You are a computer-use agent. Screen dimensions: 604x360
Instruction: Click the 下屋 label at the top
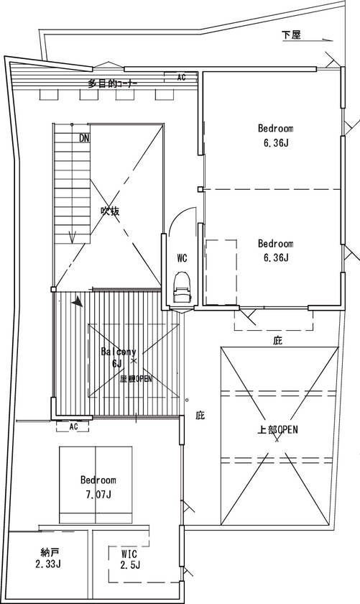point(291,35)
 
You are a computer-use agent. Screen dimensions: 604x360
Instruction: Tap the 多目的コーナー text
point(113,83)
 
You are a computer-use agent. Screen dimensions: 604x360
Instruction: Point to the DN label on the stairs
point(85,137)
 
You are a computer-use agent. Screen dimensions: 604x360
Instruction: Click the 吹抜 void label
point(110,211)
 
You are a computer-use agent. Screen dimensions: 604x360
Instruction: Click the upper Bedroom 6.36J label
point(275,134)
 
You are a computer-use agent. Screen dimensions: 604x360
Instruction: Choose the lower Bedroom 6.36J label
point(275,250)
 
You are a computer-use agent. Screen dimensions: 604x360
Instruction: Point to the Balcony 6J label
point(118,357)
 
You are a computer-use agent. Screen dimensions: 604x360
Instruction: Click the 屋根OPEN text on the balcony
point(136,378)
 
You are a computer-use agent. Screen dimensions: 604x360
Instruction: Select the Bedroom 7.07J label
point(98,486)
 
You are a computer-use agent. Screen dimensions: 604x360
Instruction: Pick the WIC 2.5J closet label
point(129,559)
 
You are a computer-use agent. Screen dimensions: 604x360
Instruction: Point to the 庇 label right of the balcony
point(200,415)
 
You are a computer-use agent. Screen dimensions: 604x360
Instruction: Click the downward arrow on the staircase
point(71,236)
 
